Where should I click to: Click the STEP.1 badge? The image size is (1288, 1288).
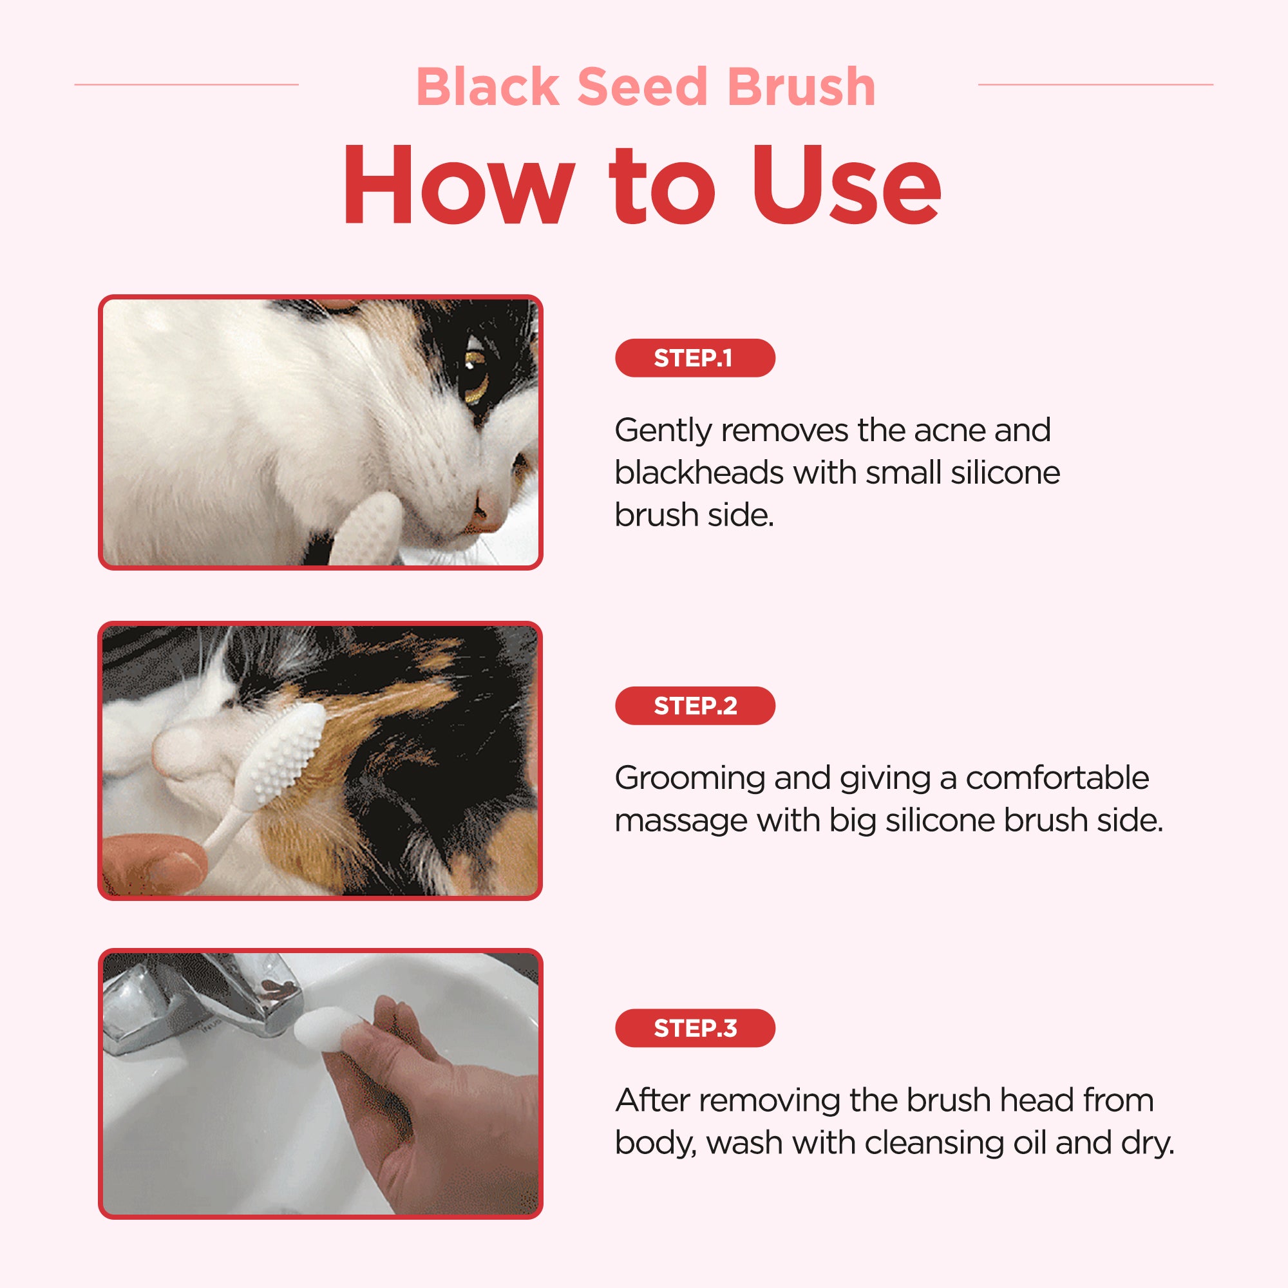click(x=695, y=358)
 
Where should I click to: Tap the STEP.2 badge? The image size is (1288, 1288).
click(x=695, y=705)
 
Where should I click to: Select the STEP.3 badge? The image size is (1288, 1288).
click(x=695, y=1028)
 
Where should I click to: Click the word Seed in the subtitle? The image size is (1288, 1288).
click(x=641, y=87)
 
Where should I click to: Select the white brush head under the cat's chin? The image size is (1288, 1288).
click(x=365, y=529)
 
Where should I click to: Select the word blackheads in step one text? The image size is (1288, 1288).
click(x=699, y=473)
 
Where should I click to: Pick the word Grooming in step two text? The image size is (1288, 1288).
click(x=690, y=779)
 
